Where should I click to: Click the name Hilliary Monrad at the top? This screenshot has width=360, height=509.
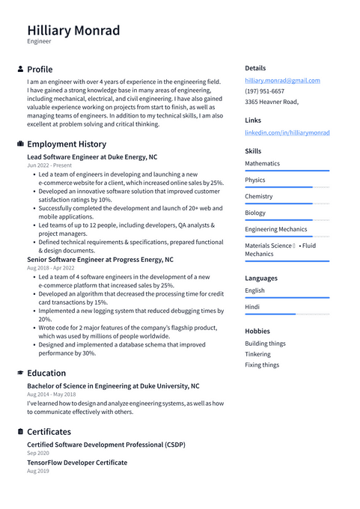73,31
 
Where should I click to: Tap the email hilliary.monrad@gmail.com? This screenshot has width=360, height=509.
282,80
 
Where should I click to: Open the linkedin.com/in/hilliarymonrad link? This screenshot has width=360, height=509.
287,132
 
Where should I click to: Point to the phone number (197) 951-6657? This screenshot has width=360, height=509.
264,91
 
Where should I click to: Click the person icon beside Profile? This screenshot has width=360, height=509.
20,70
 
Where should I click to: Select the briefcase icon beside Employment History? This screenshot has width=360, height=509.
20,144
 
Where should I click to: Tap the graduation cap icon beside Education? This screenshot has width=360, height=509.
20,373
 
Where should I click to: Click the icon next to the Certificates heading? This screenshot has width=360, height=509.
20,432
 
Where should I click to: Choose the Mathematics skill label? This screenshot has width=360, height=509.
262,163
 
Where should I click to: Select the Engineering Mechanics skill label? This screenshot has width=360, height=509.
275,229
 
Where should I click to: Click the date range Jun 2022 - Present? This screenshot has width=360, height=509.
49,165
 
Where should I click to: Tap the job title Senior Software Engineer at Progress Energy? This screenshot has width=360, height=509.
100,260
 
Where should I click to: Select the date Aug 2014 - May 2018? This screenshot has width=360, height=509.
51,394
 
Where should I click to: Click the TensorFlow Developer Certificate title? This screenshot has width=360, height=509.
77,463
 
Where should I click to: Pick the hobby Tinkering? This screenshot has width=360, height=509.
257,354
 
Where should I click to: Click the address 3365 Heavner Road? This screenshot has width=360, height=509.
271,102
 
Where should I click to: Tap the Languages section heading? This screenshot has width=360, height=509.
261,278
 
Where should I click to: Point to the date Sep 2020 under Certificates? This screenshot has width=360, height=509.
37,454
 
